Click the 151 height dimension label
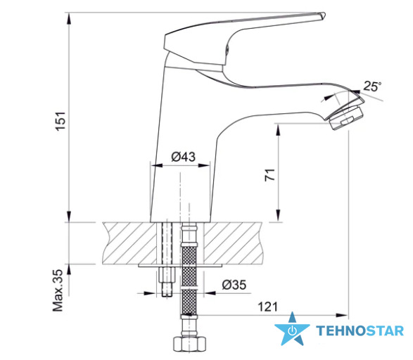point(61,121)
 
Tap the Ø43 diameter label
point(184,157)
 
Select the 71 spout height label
point(270,175)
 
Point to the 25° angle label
point(372,86)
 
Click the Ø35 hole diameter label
point(234,285)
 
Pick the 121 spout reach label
point(267,307)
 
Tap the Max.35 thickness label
point(58,290)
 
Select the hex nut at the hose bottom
point(190,345)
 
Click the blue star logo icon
point(292,329)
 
